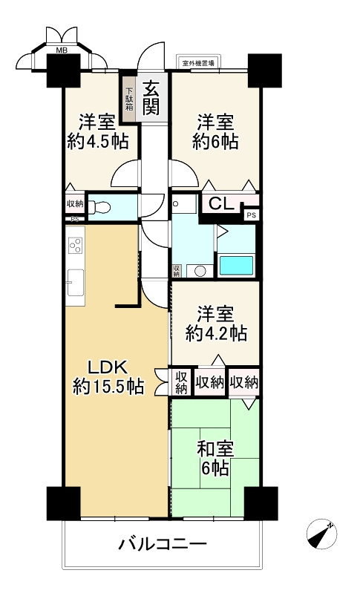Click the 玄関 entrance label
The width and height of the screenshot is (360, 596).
pyautogui.click(x=151, y=99)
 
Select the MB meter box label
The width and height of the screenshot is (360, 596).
pyautogui.click(x=62, y=50)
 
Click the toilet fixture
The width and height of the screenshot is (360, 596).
pyautogui.click(x=99, y=207)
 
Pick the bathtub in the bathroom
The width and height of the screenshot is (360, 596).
pyautogui.click(x=237, y=265)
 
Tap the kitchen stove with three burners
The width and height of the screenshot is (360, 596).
pyautogui.click(x=75, y=245)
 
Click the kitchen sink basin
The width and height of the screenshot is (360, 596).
pyautogui.click(x=75, y=283)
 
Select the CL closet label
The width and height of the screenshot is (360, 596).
pyautogui.click(x=221, y=205)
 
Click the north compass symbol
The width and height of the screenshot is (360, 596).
pyautogui.click(x=321, y=534)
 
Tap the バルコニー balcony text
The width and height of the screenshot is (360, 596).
pyautogui.click(x=163, y=544)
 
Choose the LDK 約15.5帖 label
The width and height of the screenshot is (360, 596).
pyautogui.click(x=108, y=377)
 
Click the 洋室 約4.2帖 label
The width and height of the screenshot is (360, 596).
pyautogui.click(x=216, y=324)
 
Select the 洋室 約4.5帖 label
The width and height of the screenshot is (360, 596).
pyautogui.click(x=98, y=132)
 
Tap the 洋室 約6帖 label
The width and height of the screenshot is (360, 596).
pyautogui.click(x=215, y=132)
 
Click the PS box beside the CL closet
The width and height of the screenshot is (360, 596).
pyautogui.click(x=252, y=215)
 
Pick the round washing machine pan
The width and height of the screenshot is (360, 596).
pyautogui.click(x=200, y=271)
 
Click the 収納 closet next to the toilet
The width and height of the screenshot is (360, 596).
pyautogui.click(x=75, y=203)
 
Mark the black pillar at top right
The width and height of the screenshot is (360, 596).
pyautogui.click(x=264, y=71)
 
